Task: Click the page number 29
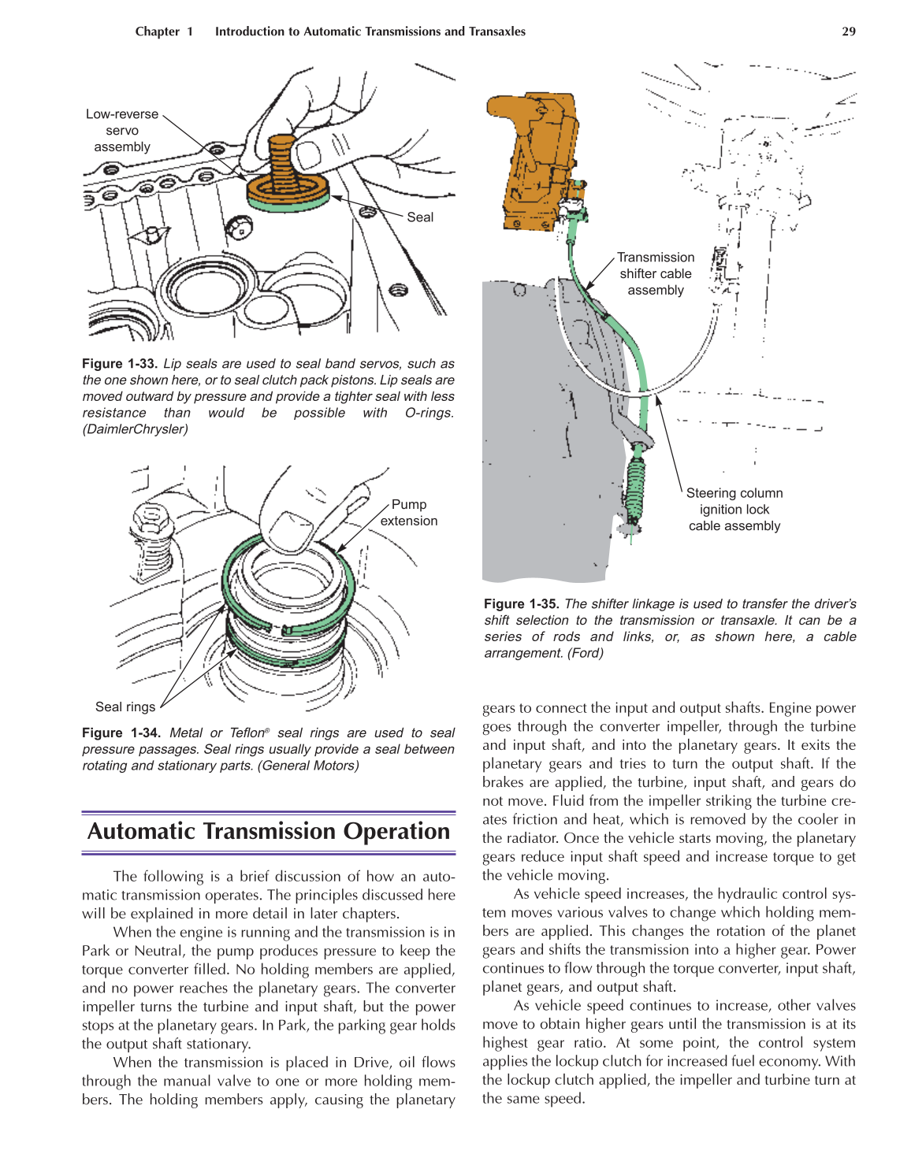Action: [x=848, y=32]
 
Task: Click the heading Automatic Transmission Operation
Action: [x=269, y=832]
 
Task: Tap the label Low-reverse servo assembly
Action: [x=121, y=131]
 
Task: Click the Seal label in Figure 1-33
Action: [x=420, y=217]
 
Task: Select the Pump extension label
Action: [x=408, y=513]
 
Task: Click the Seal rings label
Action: [x=125, y=707]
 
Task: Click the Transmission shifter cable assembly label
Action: [x=655, y=274]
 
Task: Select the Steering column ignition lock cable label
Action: [x=734, y=510]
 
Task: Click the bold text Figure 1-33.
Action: [x=120, y=364]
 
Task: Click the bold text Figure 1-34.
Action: [x=120, y=733]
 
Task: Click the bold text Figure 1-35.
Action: [x=521, y=604]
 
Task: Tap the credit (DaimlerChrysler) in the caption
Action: [x=135, y=429]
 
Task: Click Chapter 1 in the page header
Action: [x=164, y=32]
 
